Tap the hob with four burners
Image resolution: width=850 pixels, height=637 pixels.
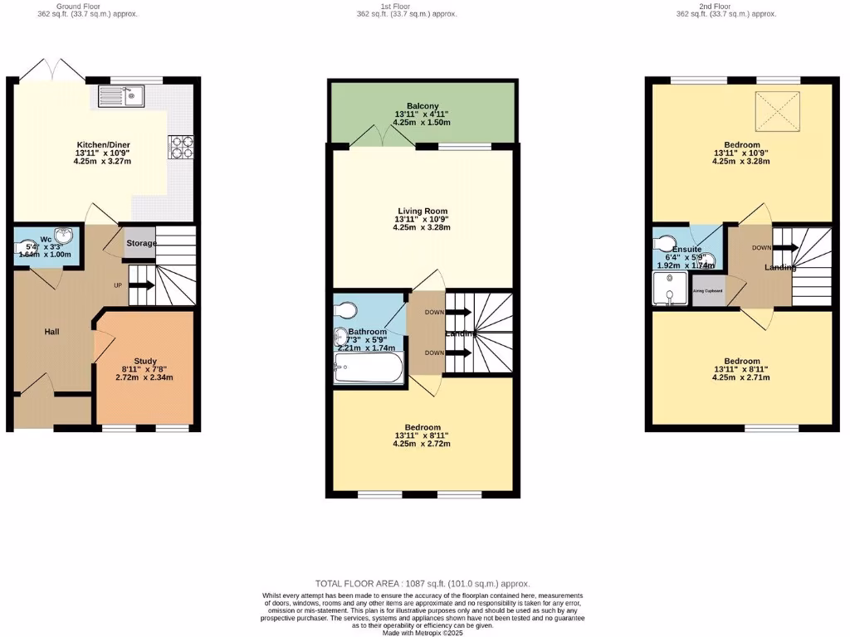point(180,147)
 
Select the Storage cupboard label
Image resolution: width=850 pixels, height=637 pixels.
point(140,243)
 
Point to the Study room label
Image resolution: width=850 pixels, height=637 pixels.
point(145,361)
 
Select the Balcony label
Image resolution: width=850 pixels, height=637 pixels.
point(423,105)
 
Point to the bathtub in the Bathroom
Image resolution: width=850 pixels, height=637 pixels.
point(369,369)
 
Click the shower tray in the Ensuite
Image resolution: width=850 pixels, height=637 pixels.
point(670,289)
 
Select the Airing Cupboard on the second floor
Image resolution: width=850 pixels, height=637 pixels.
point(708,291)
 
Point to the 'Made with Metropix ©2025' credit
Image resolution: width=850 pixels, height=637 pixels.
point(423,633)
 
